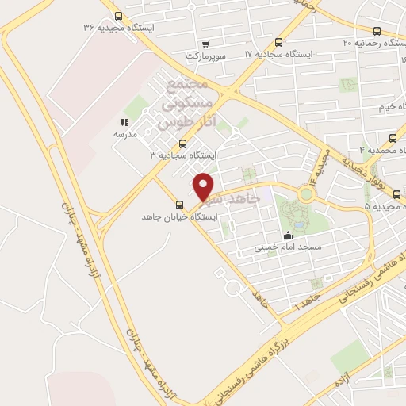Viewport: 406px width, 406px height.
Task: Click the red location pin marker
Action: (205, 186)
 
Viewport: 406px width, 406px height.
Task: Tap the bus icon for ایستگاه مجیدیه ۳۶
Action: (119, 16)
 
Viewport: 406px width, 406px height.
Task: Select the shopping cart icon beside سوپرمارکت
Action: (206, 44)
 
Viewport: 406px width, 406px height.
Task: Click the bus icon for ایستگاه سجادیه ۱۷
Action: (278, 43)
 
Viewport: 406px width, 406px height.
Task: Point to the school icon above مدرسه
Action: (124, 122)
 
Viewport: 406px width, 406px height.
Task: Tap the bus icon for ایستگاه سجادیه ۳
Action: (183, 144)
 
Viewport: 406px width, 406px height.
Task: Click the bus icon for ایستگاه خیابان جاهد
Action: (178, 205)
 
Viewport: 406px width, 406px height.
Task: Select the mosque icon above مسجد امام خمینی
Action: (288, 235)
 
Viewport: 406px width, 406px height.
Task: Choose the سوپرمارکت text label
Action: (207, 56)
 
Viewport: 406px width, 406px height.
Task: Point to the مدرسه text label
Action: (124, 134)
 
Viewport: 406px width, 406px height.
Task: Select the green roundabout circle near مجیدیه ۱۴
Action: (306, 193)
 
